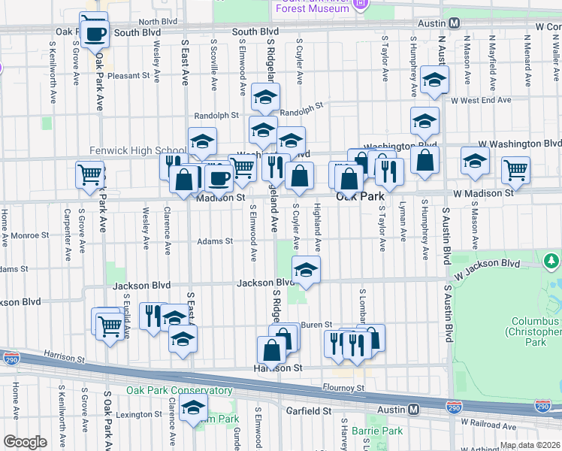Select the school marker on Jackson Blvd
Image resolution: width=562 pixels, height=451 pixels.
[x=306, y=271]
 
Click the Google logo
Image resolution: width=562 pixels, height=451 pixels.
[x=25, y=442]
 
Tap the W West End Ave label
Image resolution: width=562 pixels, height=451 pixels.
[x=481, y=100]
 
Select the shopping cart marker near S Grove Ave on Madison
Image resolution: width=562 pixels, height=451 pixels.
[x=89, y=174]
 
